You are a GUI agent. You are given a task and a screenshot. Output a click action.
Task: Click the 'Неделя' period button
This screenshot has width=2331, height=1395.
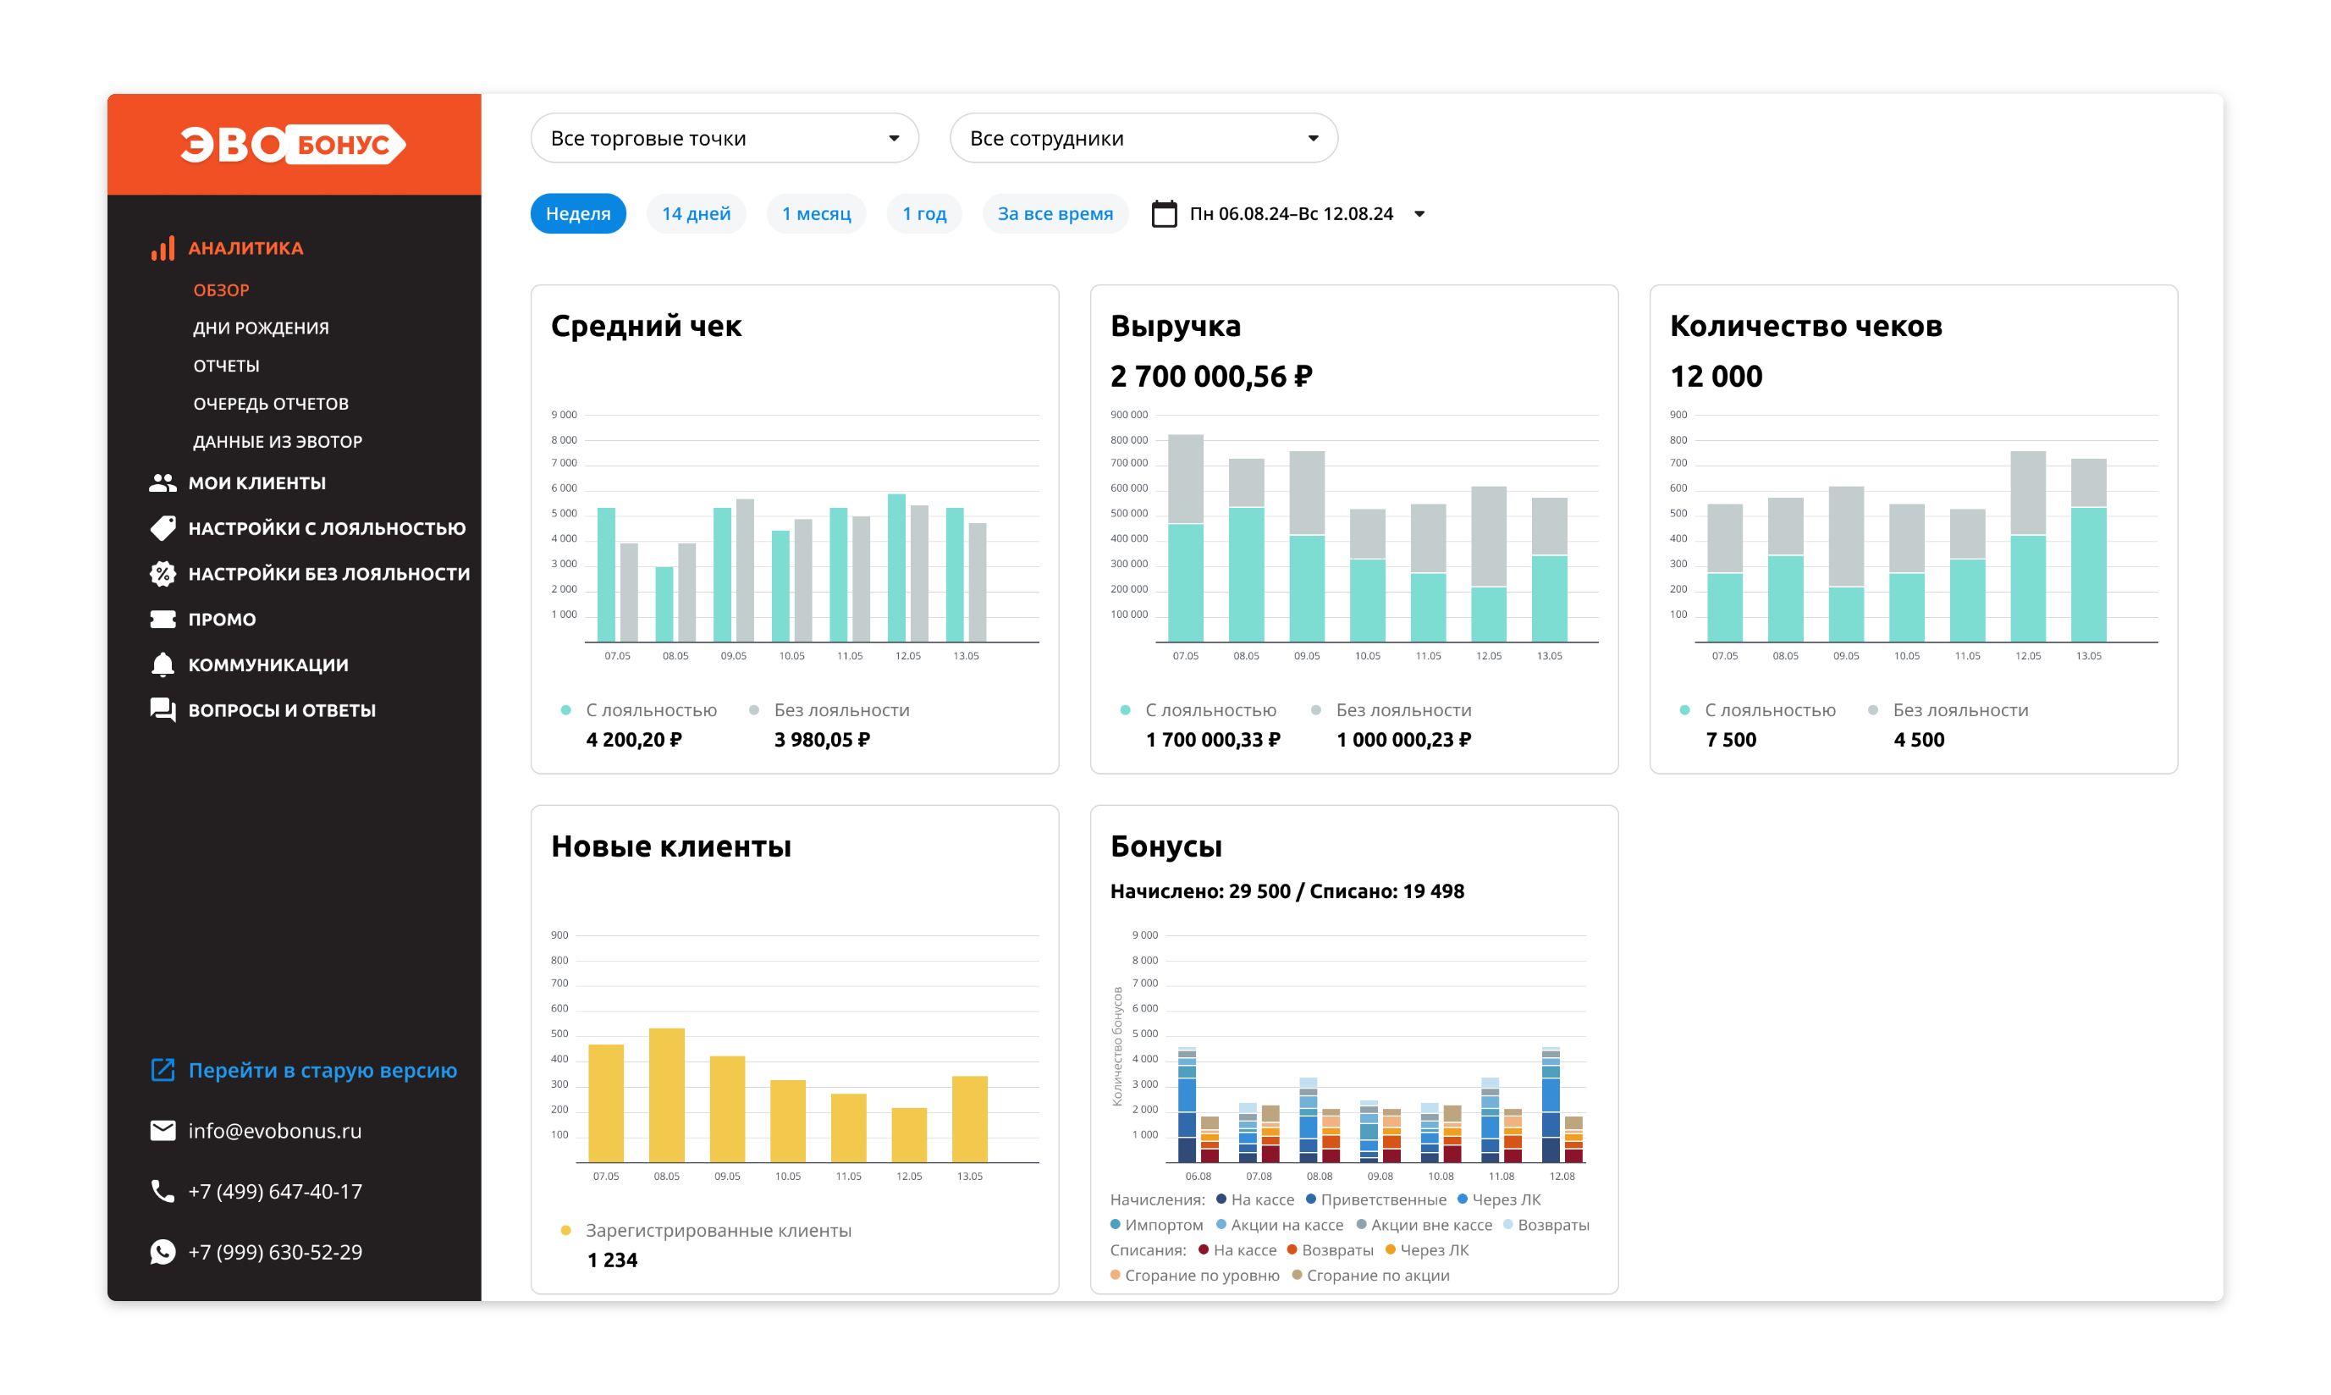578,213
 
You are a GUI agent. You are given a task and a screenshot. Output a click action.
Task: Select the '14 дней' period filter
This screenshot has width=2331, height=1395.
696,213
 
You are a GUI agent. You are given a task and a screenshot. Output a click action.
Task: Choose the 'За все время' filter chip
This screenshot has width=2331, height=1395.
1055,213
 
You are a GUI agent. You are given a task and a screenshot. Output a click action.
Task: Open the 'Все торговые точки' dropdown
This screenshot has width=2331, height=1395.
724,138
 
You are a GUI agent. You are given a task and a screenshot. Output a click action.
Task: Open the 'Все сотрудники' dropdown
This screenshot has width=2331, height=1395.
1143,138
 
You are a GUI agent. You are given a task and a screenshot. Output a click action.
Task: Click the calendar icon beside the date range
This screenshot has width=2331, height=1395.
1164,213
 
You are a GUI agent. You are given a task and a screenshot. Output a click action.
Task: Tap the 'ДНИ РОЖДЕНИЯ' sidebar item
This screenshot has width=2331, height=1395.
261,328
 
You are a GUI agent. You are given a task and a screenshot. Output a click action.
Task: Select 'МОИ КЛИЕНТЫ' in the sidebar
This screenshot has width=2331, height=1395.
256,482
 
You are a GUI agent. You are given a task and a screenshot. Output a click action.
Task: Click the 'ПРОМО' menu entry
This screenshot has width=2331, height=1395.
222,619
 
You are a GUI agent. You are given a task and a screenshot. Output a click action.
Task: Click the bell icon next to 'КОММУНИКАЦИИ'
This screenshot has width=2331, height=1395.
163,664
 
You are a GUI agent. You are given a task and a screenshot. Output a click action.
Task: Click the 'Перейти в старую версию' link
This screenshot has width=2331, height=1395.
322,1070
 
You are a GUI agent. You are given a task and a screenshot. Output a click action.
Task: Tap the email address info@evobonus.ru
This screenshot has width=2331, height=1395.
274,1130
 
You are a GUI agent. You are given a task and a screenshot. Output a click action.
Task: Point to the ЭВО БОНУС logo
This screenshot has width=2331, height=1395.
293,144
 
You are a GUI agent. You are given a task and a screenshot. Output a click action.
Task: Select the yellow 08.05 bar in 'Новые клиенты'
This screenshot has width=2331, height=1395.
666,1095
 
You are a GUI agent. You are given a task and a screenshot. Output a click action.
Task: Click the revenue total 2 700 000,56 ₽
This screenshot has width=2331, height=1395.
1210,376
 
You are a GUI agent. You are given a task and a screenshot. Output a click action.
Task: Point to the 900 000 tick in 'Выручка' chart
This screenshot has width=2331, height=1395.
1129,415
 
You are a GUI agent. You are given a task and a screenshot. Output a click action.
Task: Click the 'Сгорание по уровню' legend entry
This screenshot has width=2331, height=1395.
1194,1275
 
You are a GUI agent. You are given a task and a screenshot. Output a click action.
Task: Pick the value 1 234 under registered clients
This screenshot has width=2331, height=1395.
612,1260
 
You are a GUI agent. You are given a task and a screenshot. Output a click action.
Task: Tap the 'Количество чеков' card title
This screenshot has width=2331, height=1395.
1805,325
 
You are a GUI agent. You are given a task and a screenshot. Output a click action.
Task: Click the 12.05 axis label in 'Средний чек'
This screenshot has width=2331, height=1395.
908,655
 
